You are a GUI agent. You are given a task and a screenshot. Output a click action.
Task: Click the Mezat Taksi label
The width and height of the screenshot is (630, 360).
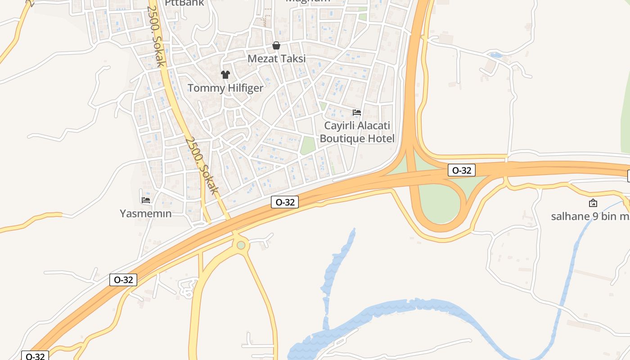click(x=276, y=58)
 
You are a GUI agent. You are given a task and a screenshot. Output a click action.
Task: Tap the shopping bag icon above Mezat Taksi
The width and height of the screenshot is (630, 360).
click(x=276, y=45)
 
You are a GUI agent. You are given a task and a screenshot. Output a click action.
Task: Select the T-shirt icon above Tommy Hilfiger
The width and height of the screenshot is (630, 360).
click(x=225, y=75)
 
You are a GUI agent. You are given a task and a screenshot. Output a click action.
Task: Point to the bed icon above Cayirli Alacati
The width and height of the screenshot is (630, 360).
click(x=357, y=112)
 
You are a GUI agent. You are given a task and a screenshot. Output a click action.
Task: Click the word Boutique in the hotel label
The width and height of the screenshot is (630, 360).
click(x=342, y=138)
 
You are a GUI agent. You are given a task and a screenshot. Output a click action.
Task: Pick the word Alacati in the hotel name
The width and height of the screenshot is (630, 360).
click(x=372, y=126)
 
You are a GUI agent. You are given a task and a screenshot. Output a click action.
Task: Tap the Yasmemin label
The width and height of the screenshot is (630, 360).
click(x=146, y=213)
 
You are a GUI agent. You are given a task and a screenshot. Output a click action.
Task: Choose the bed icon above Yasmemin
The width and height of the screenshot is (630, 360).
click(x=146, y=200)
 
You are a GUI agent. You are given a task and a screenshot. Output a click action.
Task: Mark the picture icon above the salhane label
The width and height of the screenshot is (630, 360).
click(x=593, y=203)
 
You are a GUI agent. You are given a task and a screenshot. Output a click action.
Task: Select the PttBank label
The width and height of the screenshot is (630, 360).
click(x=184, y=3)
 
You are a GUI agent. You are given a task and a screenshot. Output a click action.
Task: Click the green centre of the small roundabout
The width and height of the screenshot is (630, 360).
click(x=241, y=245)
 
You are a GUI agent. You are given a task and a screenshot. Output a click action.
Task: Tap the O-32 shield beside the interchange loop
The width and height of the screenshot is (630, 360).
click(x=462, y=170)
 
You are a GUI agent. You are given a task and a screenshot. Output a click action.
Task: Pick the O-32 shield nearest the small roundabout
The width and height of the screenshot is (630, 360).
click(x=285, y=202)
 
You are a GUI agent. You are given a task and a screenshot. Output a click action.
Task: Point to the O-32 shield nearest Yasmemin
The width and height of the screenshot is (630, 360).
click(x=123, y=280)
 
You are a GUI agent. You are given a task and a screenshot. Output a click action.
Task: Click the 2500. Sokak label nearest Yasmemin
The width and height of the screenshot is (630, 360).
click(x=202, y=165)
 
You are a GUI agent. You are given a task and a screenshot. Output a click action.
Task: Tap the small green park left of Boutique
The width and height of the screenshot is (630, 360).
click(x=308, y=145)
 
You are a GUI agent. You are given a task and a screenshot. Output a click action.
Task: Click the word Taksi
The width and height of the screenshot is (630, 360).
click(x=292, y=58)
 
